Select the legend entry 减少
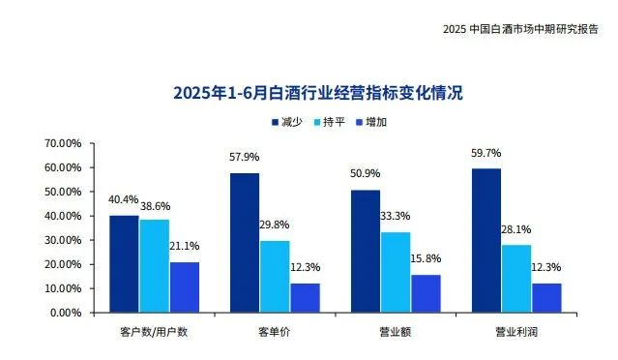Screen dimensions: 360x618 (286, 123)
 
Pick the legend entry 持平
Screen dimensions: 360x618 (331, 123)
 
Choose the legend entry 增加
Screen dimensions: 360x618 (375, 123)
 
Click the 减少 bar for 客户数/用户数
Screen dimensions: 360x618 (124, 263)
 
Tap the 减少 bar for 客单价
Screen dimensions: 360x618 (244, 242)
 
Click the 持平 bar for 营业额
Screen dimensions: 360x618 (395, 272)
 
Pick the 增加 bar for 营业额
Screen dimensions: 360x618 (425, 293)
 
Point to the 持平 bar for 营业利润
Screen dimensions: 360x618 (515, 278)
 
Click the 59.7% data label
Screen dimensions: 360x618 (486, 152)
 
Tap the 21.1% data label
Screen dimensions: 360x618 (186, 245)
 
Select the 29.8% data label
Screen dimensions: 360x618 (275, 225)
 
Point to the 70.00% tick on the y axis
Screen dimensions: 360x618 (63, 143)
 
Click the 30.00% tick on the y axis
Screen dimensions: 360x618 (63, 240)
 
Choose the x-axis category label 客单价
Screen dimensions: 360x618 (274, 331)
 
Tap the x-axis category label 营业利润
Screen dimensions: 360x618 (515, 331)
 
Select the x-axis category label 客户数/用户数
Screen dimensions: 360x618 (154, 331)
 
